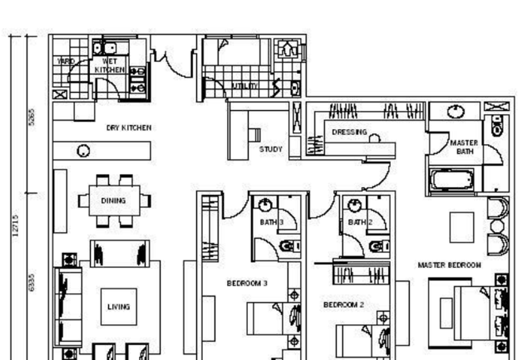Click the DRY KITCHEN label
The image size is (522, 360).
pos(129,128)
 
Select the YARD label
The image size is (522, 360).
pos(66,61)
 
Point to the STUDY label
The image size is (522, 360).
pos(271,149)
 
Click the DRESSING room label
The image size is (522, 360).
pos(349,131)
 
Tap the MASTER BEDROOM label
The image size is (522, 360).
pos(450,265)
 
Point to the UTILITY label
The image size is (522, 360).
pos(245,85)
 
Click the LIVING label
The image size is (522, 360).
pos(119,306)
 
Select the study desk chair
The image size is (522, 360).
pos(256,136)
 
